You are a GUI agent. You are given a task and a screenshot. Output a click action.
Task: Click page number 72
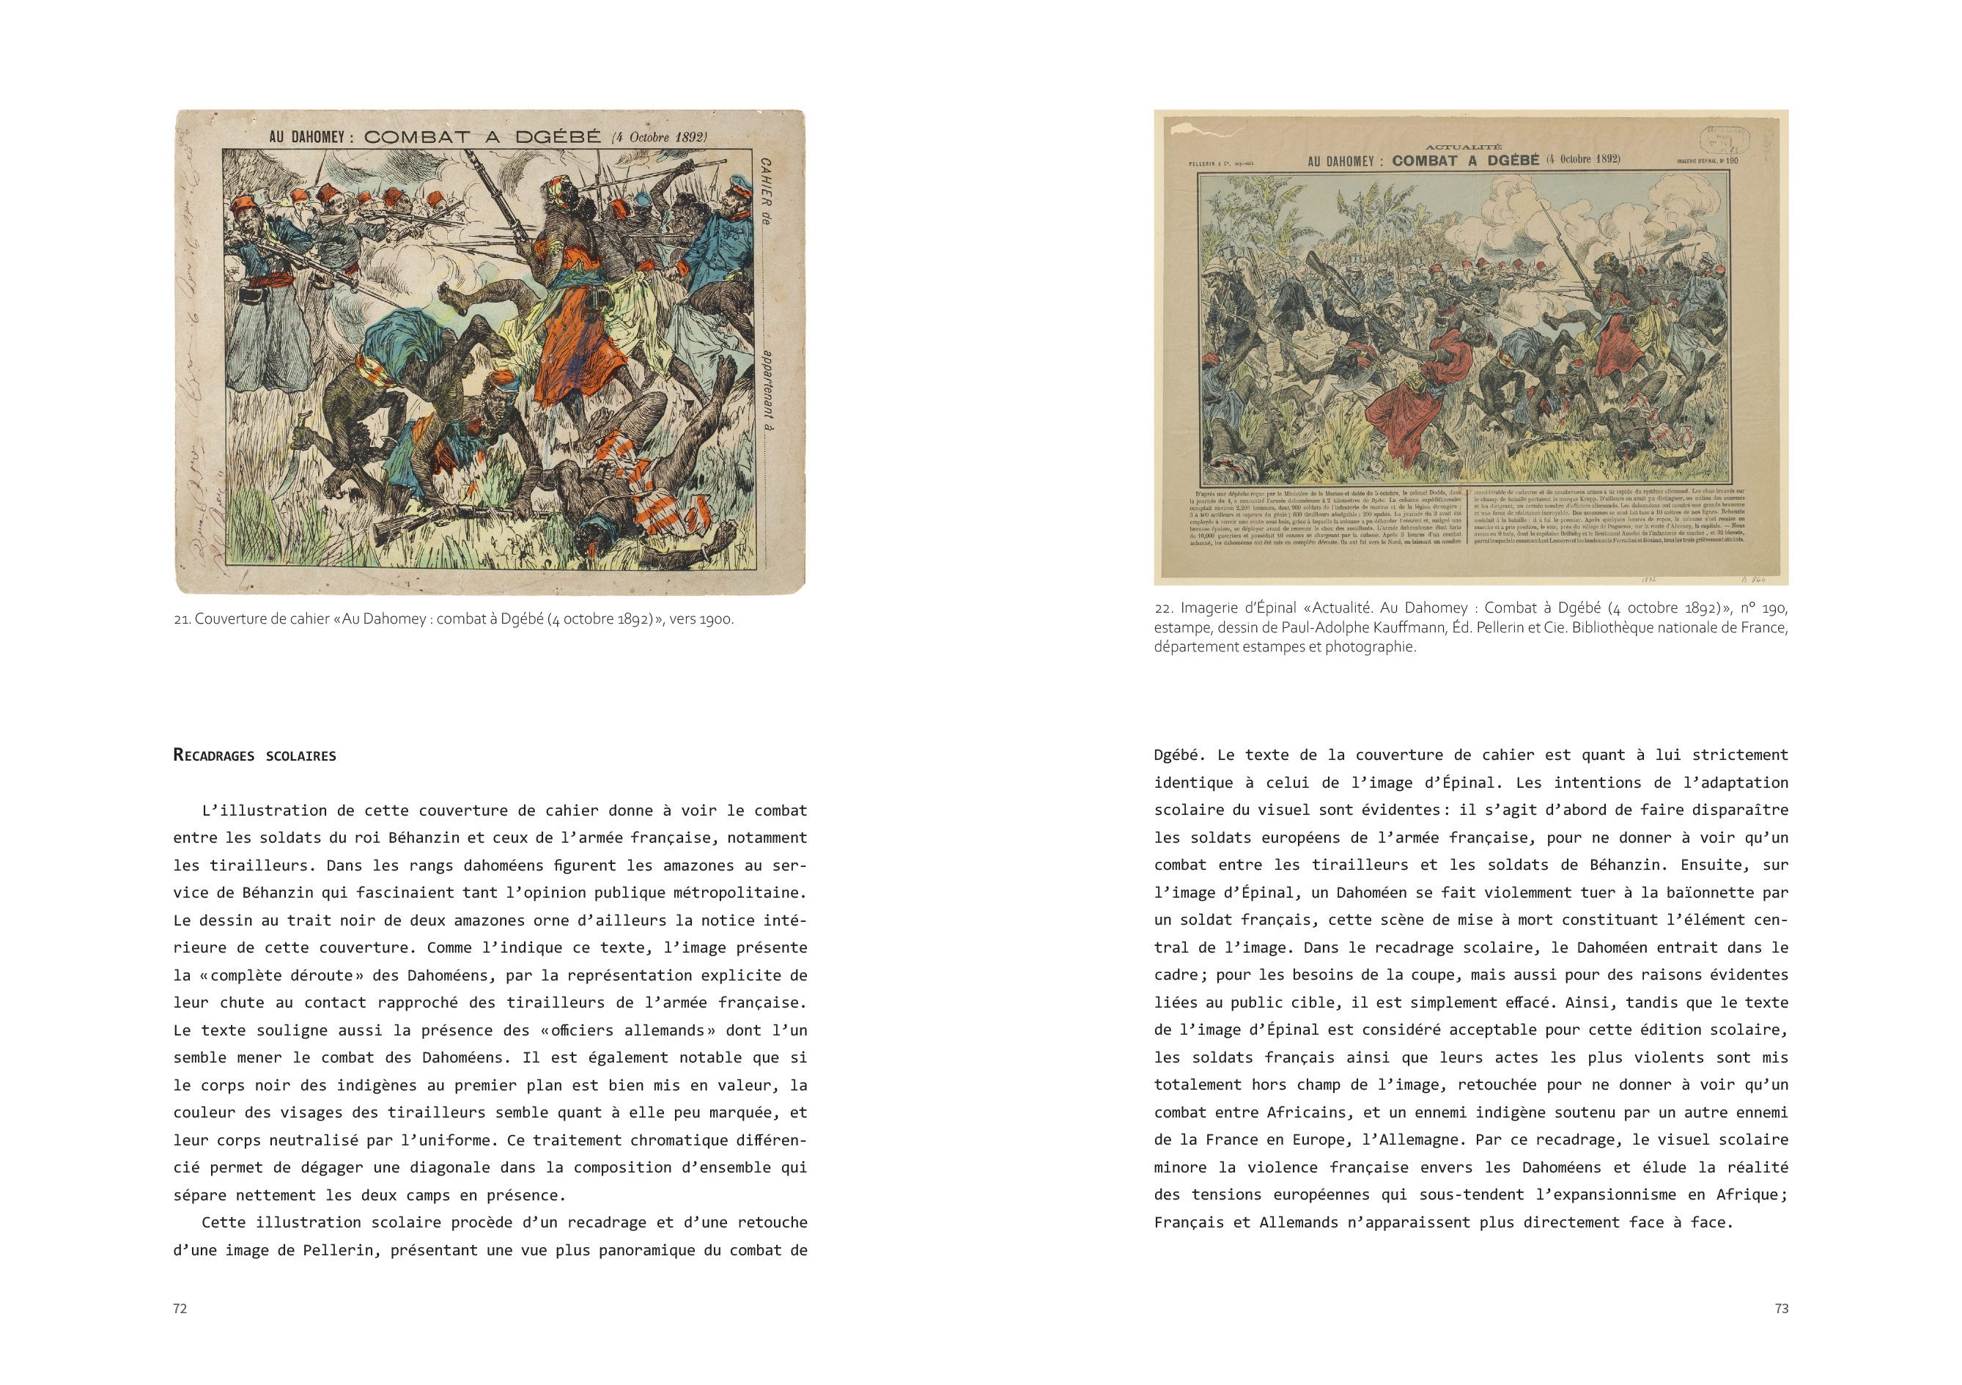180,1308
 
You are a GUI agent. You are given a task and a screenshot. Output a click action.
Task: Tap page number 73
1781,1308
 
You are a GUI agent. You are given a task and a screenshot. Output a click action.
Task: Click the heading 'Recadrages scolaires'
254,756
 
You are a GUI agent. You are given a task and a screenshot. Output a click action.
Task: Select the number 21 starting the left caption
181,619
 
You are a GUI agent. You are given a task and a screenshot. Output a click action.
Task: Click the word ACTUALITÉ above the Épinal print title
1463,147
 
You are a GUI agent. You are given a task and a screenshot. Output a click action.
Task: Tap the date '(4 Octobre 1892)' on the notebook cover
659,137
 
